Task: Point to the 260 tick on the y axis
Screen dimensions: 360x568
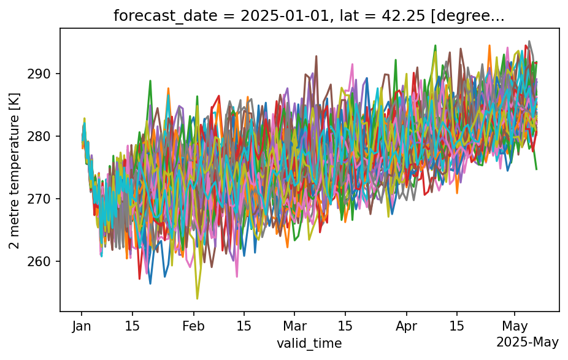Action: pyautogui.click(x=44, y=261)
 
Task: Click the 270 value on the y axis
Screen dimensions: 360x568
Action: pyautogui.click(x=44, y=199)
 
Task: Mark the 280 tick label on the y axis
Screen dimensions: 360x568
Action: pyautogui.click(x=44, y=136)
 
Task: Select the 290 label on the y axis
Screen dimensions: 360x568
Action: pyautogui.click(x=44, y=74)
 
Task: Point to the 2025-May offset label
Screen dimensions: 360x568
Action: pyautogui.click(x=527, y=342)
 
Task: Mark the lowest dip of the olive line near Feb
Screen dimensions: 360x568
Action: pyautogui.click(x=197, y=299)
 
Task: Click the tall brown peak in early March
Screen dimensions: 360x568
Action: pyautogui.click(x=317, y=56)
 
